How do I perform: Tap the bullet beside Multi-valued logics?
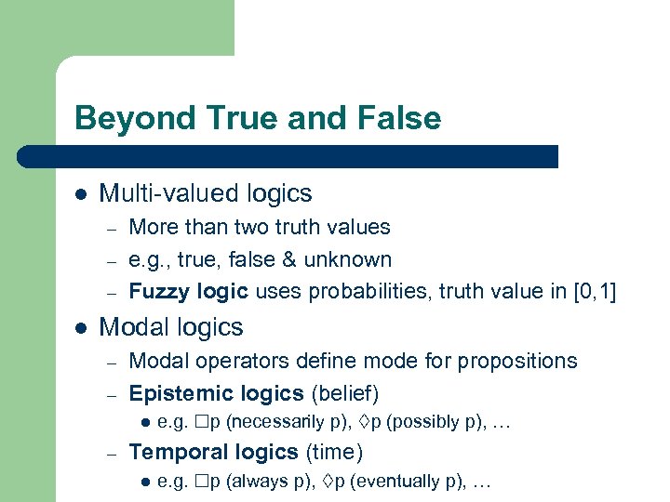click(81, 194)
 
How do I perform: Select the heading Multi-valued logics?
click(205, 193)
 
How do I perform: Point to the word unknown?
click(355, 259)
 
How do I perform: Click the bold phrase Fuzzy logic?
click(188, 292)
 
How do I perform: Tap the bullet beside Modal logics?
click(81, 328)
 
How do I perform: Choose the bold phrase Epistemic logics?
click(216, 392)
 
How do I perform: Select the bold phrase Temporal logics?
click(214, 453)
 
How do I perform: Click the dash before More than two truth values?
click(109, 228)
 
